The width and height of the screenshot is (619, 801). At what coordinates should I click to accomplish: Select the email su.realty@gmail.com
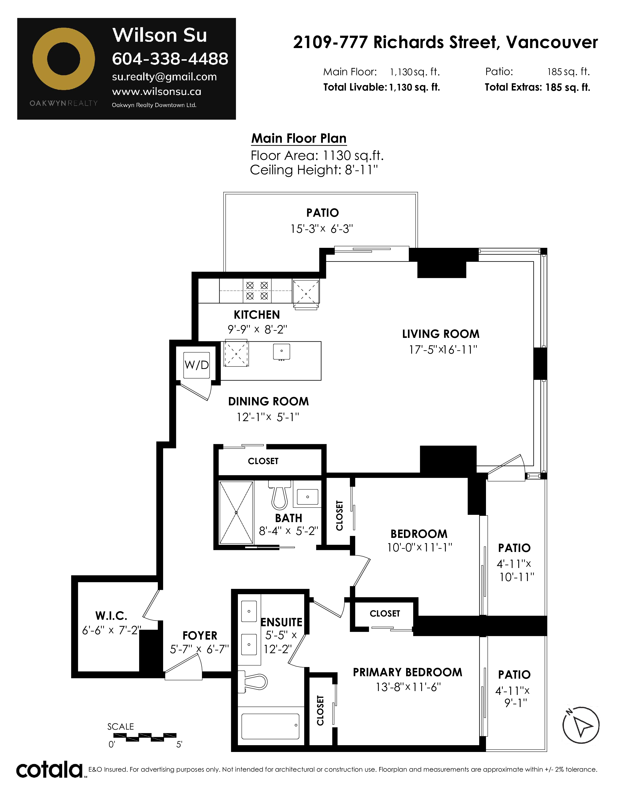(x=164, y=77)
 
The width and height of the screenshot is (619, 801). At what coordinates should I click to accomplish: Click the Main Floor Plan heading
(x=299, y=138)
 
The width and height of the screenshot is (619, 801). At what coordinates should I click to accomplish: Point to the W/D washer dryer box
(x=197, y=365)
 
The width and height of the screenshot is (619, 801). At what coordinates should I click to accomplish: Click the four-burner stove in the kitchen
(x=257, y=291)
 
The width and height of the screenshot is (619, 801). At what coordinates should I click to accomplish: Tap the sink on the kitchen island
(x=282, y=351)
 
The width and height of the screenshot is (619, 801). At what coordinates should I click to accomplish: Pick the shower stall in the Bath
(x=236, y=512)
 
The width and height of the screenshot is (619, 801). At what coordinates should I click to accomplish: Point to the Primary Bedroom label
(x=407, y=672)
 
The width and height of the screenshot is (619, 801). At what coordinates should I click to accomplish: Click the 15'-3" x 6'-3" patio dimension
(x=322, y=229)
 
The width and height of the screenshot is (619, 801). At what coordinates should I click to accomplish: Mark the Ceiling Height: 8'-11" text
(x=314, y=170)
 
